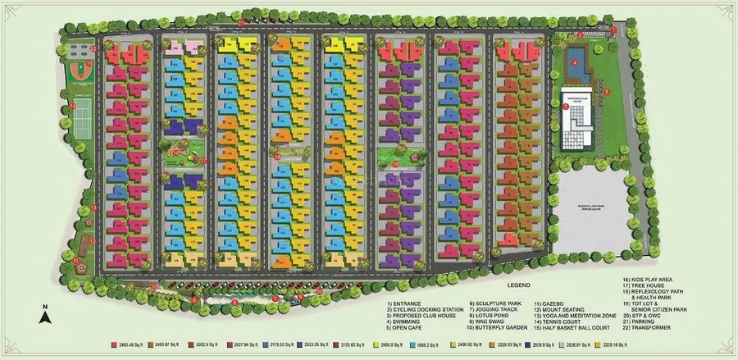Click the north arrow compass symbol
pyautogui.click(x=47, y=311)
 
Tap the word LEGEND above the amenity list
pyautogui.click(x=518, y=285)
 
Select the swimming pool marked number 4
pyautogui.click(x=576, y=61)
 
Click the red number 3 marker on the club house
pyautogui.click(x=565, y=106)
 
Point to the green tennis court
pyautogui.click(x=83, y=126)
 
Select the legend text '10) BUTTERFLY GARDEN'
pyautogui.click(x=497, y=329)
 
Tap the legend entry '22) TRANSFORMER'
pyautogui.click(x=648, y=329)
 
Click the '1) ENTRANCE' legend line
pyautogui.click(x=406, y=303)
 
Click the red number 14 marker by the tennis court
pyautogui.click(x=72, y=107)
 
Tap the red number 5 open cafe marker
pyautogui.click(x=608, y=92)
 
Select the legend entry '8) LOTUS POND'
pyautogui.click(x=490, y=316)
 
